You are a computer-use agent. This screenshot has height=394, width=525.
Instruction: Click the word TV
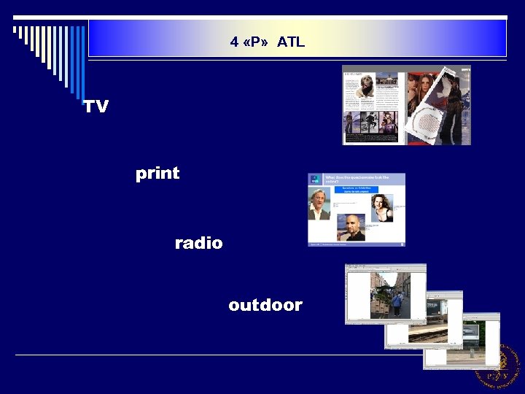(x=96, y=107)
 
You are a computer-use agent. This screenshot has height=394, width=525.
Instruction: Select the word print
(x=157, y=174)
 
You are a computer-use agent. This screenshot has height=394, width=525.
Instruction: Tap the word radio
(x=198, y=243)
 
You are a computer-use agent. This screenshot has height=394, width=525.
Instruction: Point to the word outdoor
(x=265, y=305)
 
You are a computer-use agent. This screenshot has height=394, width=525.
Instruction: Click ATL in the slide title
(x=290, y=42)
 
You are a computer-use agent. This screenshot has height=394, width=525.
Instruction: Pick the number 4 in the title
(x=234, y=42)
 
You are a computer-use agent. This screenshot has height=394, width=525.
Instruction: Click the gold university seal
(x=499, y=366)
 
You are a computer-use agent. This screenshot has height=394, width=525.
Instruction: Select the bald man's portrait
(x=353, y=228)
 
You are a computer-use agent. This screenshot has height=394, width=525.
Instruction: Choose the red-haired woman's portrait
(x=381, y=206)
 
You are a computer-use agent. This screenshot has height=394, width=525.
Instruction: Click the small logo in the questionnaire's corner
(x=315, y=178)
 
